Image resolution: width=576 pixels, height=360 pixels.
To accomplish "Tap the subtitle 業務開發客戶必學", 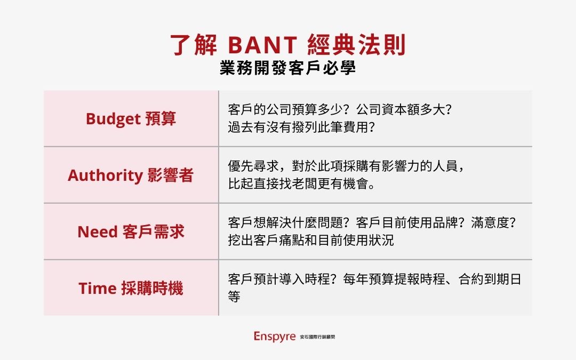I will [287, 69].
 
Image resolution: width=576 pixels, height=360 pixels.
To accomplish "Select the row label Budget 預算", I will [131, 119].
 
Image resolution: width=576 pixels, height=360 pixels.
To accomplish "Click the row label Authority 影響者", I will [131, 175].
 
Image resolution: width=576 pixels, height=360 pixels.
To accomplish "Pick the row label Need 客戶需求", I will [131, 232].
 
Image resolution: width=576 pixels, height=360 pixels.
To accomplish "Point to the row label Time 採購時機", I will [131, 289].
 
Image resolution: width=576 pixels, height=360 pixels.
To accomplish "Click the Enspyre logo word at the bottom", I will [275, 337].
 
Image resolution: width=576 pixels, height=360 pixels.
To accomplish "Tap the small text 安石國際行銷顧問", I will [318, 338].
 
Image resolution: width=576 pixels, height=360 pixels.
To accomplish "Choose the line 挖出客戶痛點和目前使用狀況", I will [310, 240].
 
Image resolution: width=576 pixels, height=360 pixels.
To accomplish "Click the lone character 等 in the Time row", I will [234, 297].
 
